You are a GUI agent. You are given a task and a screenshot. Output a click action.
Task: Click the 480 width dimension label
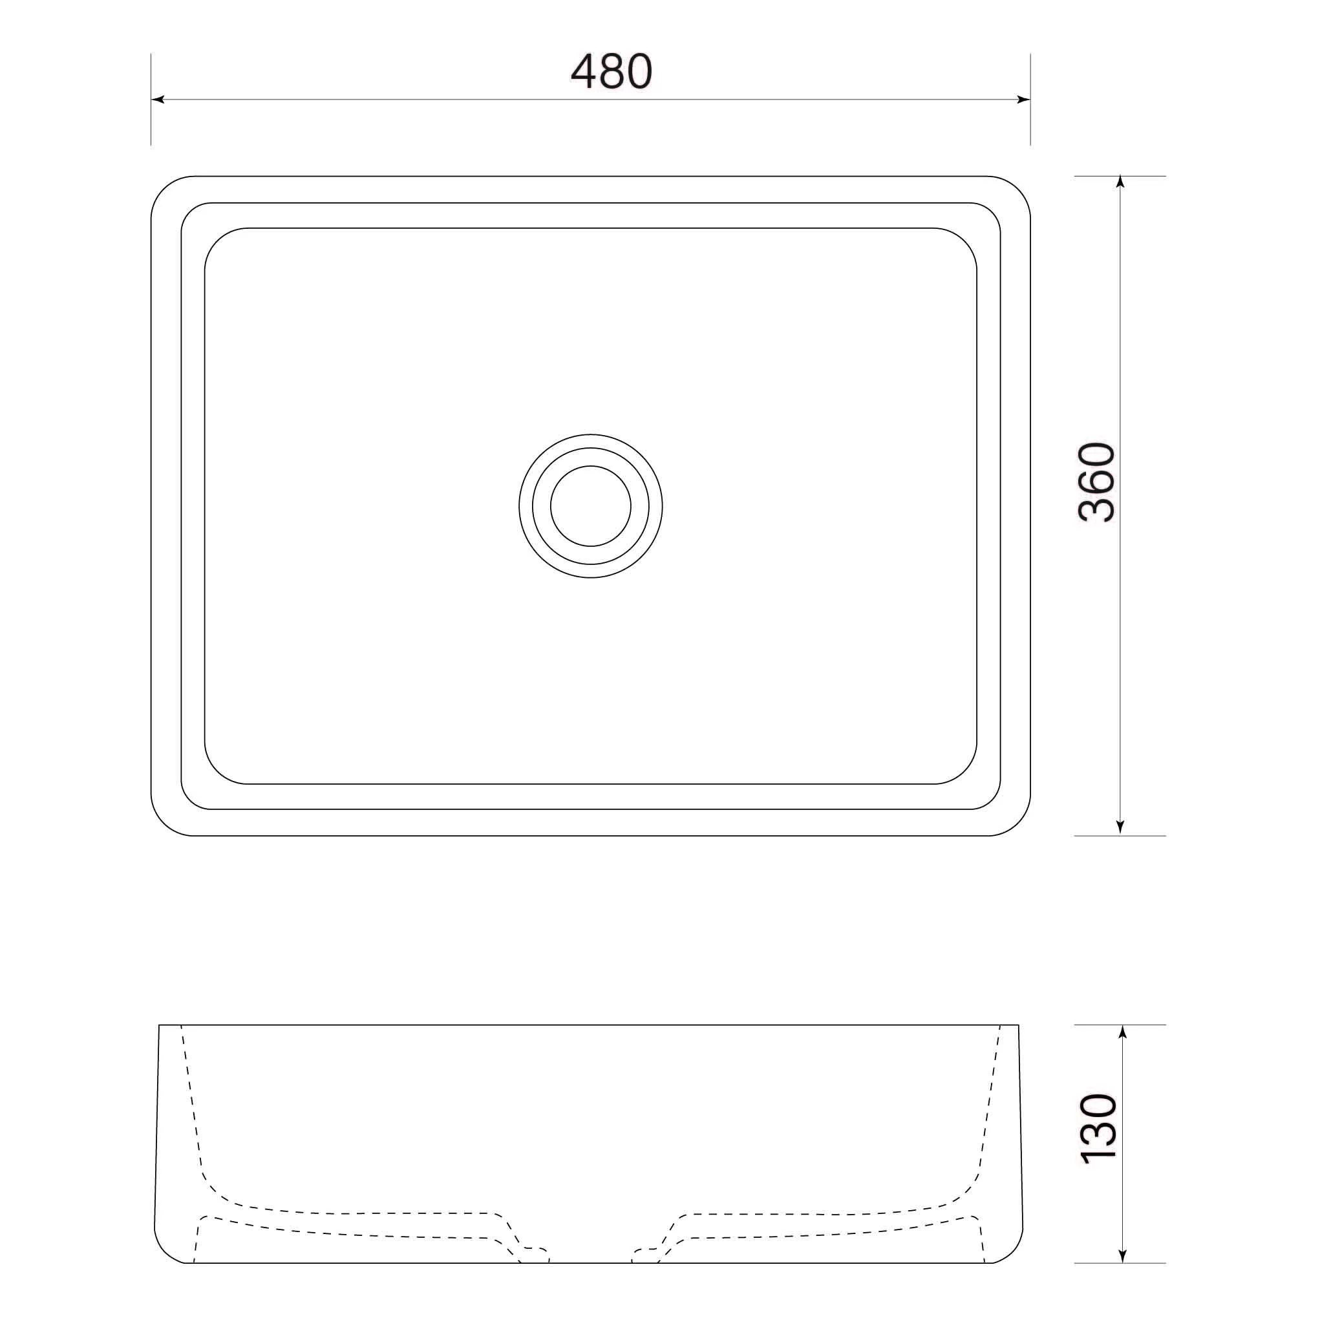(612, 71)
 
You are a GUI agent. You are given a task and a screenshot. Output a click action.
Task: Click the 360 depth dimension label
(1096, 482)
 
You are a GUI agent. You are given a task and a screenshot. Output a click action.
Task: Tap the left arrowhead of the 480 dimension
(158, 100)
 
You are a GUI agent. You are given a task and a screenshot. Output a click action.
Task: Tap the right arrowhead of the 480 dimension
(1023, 100)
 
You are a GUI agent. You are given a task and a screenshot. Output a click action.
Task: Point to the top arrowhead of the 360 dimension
(1120, 182)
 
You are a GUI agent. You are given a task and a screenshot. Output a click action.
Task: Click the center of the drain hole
(590, 506)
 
